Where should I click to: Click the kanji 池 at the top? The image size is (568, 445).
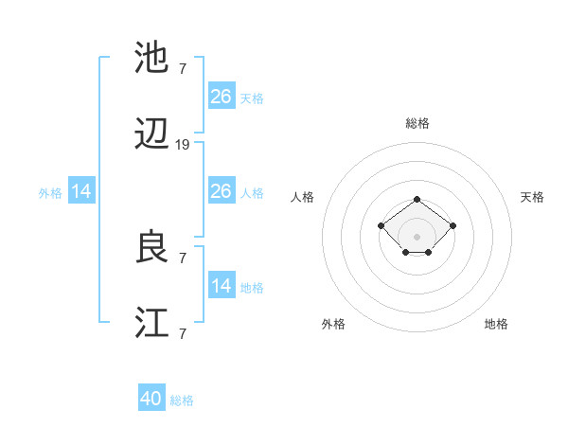[151, 59]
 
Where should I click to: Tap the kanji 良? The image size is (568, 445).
[151, 247]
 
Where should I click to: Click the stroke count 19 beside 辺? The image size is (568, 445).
[183, 145]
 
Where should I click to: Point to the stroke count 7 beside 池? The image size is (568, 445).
[183, 68]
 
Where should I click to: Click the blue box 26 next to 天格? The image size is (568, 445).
[222, 96]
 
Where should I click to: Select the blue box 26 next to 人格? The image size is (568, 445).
[222, 191]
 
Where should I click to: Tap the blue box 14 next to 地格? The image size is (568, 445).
[222, 286]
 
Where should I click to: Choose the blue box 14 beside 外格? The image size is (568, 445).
[81, 191]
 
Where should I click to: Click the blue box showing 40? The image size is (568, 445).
[151, 399]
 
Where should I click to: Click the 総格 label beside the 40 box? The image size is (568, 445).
[182, 400]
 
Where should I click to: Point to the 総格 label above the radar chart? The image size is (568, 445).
[417, 123]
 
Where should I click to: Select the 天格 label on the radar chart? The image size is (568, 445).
[532, 197]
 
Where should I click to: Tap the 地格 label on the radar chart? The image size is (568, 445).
[496, 324]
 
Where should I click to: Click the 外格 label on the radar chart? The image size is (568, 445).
[333, 324]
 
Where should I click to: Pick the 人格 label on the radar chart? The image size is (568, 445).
[303, 197]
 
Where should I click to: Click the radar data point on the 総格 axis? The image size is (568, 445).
[417, 199]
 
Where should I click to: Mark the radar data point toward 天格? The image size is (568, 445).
[453, 225]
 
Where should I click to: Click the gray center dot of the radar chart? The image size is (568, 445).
[417, 237]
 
